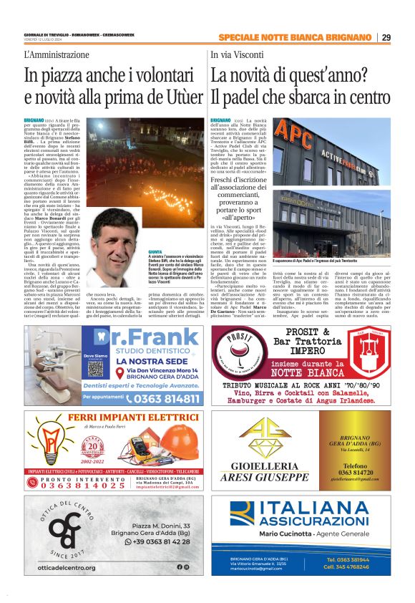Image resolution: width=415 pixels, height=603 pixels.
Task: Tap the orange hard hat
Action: [x=182, y=443]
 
